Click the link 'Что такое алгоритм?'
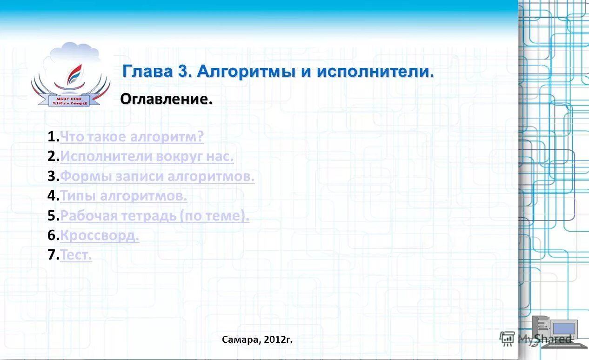click(x=132, y=137)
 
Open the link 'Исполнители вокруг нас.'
click(x=147, y=157)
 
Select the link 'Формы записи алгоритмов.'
click(x=157, y=177)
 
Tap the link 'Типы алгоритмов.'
click(x=124, y=196)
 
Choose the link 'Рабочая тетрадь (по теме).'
click(x=154, y=216)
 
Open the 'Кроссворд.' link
click(x=100, y=236)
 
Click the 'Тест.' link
click(x=76, y=255)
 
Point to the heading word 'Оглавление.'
click(x=167, y=99)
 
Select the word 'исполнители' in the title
click(x=375, y=72)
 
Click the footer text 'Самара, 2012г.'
click(x=257, y=340)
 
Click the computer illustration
click(x=556, y=331)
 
